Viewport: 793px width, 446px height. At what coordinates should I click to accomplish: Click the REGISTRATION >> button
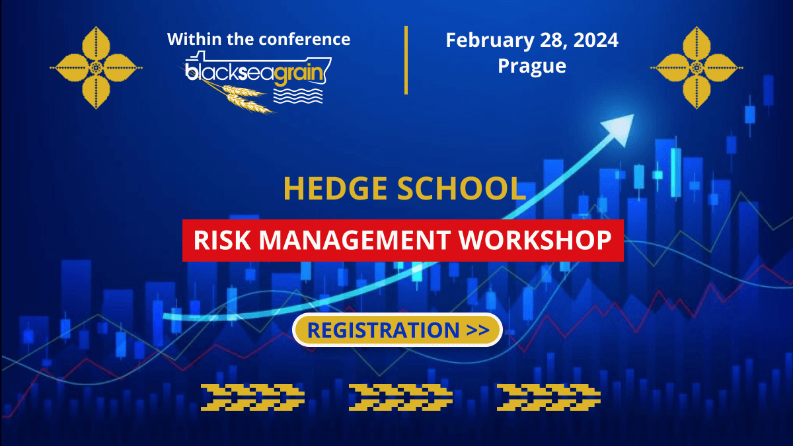[x=397, y=330]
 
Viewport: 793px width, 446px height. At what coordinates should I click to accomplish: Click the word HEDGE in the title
[x=335, y=188]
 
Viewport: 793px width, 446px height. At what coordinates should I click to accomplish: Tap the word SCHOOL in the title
[x=461, y=188]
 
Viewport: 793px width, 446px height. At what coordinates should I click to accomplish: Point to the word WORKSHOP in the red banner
[x=535, y=240]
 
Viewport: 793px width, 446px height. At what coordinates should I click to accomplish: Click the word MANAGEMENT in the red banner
[x=355, y=240]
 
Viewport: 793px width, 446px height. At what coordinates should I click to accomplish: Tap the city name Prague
[x=532, y=67]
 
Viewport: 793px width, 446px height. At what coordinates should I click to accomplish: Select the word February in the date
[x=490, y=41]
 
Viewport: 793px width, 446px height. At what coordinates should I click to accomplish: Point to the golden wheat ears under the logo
[x=241, y=97]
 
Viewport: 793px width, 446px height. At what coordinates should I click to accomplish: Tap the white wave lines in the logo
[x=298, y=96]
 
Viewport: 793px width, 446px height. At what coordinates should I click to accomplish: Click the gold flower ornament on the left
[x=96, y=67]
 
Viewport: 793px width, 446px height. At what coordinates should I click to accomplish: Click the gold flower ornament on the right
[x=697, y=67]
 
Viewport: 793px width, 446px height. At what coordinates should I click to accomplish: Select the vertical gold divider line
[x=406, y=60]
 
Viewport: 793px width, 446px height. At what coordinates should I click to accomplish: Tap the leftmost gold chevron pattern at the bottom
[x=252, y=397]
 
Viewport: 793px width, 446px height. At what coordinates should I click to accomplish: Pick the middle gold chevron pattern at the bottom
[x=400, y=397]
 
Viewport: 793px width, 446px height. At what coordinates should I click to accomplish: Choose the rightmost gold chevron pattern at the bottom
[x=548, y=397]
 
